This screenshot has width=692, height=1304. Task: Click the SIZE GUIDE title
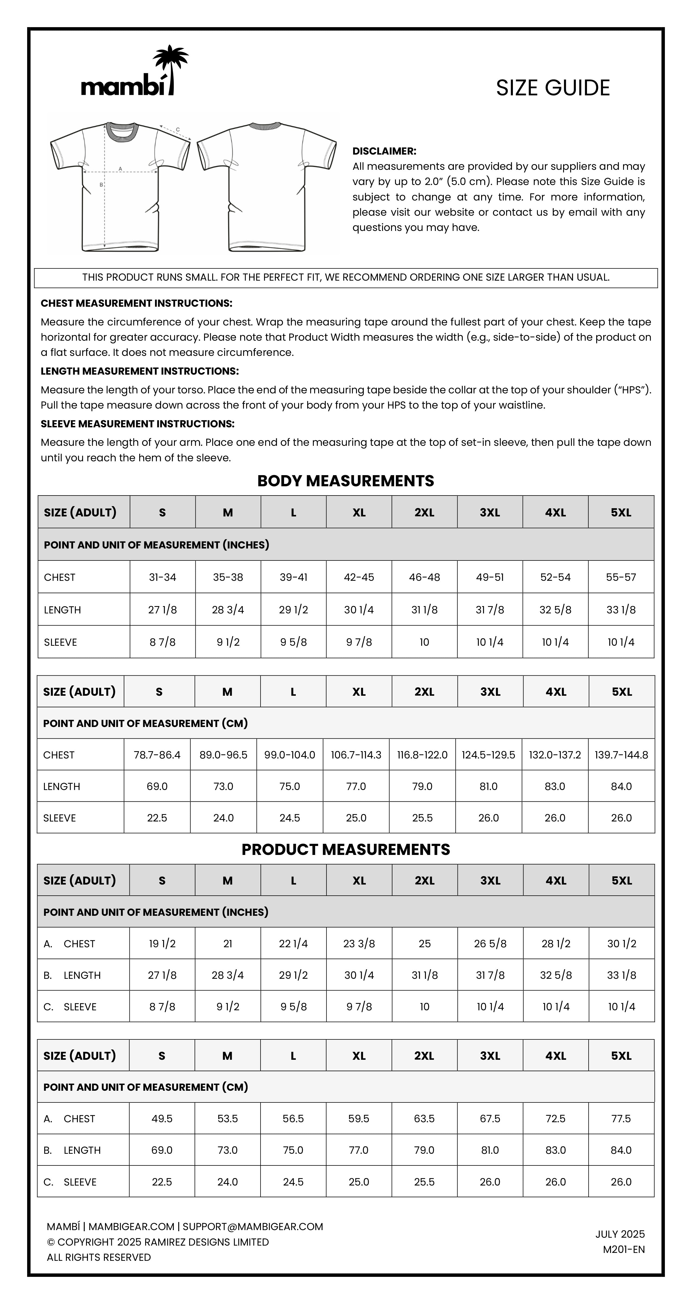(553, 88)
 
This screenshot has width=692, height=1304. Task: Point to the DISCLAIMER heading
(384, 151)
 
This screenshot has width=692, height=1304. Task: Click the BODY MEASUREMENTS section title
(345, 481)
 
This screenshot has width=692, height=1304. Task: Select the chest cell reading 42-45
(359, 577)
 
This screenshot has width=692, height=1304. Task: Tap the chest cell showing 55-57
(621, 577)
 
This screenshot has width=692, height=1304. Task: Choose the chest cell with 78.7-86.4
(157, 755)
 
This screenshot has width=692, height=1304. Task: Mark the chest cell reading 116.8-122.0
(422, 755)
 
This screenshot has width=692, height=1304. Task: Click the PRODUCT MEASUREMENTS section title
(345, 850)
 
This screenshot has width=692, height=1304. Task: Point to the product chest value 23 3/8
(359, 943)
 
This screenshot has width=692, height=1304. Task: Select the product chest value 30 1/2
(621, 943)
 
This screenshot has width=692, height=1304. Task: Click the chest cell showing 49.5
(162, 1119)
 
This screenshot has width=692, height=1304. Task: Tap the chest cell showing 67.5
(490, 1119)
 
